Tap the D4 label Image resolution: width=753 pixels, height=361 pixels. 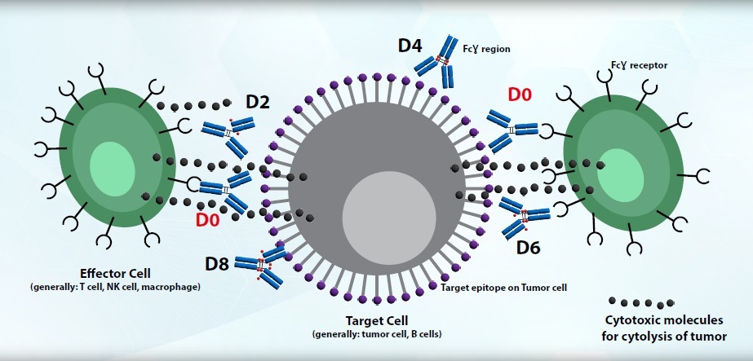(410, 46)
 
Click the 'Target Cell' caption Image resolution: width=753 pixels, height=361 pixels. (376, 320)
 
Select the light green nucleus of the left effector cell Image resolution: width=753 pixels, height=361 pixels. (113, 164)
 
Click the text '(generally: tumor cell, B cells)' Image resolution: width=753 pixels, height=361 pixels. (376, 334)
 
